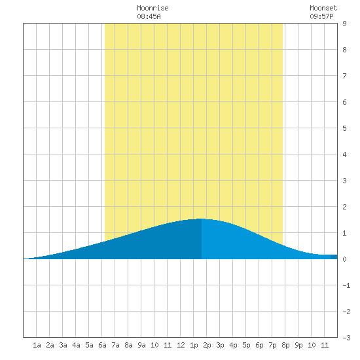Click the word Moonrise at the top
(153, 8)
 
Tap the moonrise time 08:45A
(149, 16)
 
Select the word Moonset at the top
(323, 8)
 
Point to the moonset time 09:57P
(321, 16)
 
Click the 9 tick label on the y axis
(344, 24)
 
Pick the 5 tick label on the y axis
(344, 128)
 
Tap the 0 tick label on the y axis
(344, 259)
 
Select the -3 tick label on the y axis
(346, 338)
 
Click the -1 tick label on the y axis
(346, 285)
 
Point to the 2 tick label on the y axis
(344, 207)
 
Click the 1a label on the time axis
(37, 345)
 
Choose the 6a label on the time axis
(102, 345)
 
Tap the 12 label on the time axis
(181, 345)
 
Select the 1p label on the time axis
(194, 345)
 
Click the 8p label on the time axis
(285, 345)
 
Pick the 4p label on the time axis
(233, 345)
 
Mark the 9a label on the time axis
(141, 345)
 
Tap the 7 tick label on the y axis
(344, 76)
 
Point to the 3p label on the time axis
(220, 345)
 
